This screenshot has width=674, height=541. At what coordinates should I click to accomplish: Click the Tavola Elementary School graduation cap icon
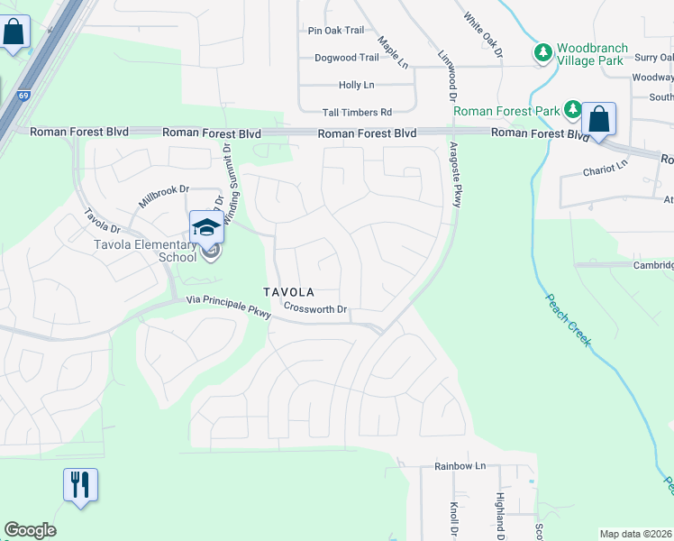pos(206,227)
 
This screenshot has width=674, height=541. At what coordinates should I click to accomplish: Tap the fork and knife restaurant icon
pos(80,485)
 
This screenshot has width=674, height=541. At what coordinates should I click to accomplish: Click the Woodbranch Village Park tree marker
pos(542,53)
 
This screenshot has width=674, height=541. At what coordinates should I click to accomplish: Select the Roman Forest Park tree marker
pos(573,111)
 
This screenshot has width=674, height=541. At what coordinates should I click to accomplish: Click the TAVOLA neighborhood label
pos(288,292)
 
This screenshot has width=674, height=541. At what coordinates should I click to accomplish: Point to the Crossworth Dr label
pos(315,309)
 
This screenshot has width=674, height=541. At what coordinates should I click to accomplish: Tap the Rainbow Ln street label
pos(460,466)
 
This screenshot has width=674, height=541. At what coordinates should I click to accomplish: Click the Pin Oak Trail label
pos(336,31)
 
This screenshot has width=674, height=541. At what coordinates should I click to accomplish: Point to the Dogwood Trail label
pos(347,58)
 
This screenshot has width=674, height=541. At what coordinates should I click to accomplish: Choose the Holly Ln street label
pos(356,85)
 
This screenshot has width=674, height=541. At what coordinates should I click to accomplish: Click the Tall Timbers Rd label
pos(358,113)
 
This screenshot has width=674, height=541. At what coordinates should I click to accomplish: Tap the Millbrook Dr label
pos(163,191)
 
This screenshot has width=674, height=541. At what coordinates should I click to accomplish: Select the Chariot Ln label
pos(604,169)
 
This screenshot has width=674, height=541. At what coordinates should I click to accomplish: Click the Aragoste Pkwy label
pos(454,175)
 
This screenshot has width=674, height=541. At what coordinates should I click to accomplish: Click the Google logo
pos(30,530)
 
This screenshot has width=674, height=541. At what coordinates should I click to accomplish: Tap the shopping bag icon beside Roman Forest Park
pos(598,119)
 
